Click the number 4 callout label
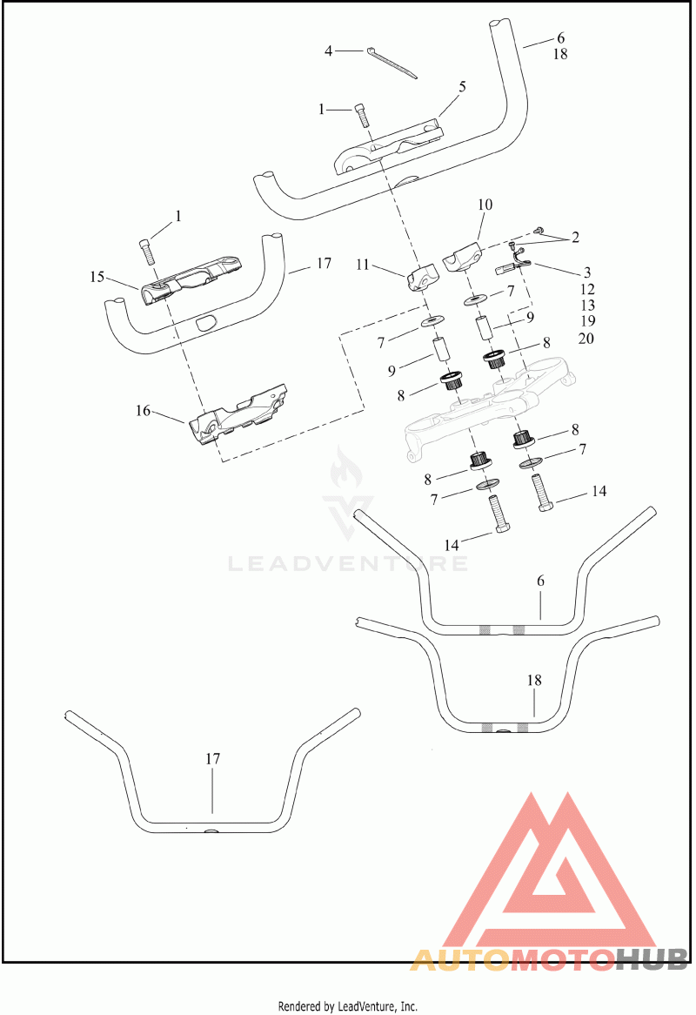coord(328,51)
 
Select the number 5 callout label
coord(462,86)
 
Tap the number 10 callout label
coord(485,205)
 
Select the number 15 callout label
coord(97,277)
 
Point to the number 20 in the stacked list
coord(586,339)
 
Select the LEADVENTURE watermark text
coord(348,564)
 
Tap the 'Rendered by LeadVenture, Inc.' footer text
coord(348,1006)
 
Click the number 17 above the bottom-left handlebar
coord(213,759)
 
